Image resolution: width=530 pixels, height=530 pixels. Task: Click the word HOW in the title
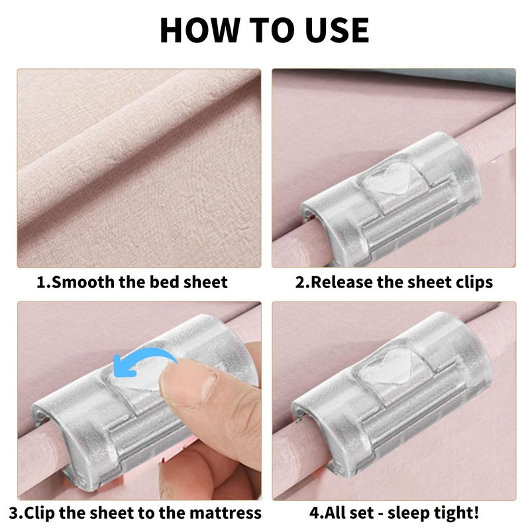pos(200,30)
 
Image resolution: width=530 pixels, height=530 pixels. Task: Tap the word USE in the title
pos(337,30)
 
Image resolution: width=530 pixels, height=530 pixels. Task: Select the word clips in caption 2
pos(474,283)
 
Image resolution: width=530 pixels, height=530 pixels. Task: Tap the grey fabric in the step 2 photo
pos(450,77)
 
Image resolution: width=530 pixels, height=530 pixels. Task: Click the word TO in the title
pos(272,30)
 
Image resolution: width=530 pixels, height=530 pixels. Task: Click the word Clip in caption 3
pos(39,513)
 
